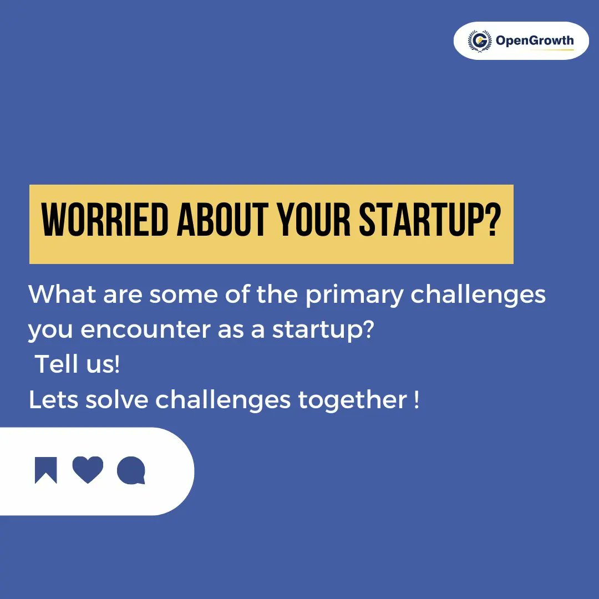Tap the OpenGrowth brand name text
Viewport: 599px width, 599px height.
[x=535, y=40]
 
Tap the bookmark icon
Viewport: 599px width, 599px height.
[x=45, y=470]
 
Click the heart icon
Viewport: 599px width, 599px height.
[x=88, y=470]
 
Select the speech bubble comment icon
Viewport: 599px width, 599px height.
[x=131, y=470]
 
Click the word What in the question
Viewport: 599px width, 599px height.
[x=54, y=295]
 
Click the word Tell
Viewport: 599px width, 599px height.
[x=54, y=365]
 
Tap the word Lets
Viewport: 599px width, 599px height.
[x=53, y=400]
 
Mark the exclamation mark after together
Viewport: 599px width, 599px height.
[x=417, y=400]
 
